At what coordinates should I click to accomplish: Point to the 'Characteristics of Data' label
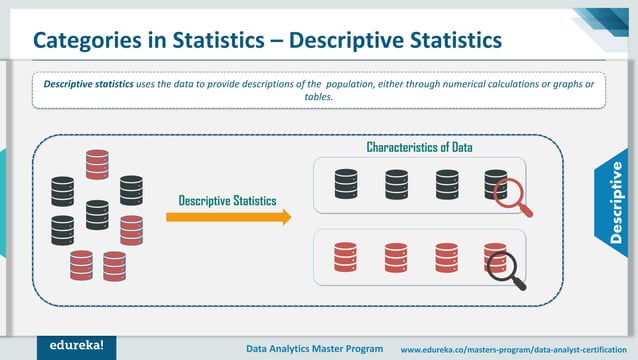pos(419,148)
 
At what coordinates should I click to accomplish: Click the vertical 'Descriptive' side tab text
pos(616,200)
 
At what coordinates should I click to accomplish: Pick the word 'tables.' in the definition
pos(319,98)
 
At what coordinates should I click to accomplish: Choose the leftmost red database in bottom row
pos(346,258)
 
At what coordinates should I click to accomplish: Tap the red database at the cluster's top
pos(97,163)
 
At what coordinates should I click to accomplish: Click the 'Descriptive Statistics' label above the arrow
pos(228,200)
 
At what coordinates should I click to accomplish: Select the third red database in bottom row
pos(446,258)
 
